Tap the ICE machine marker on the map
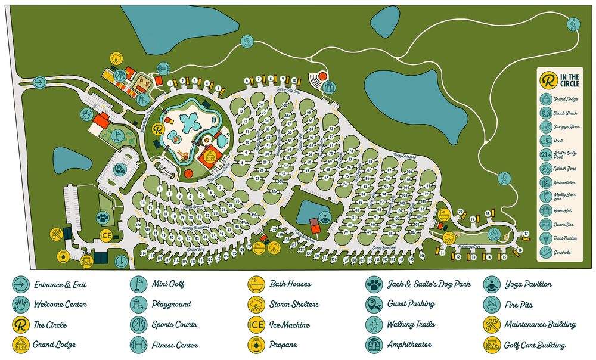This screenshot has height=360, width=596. [106, 235]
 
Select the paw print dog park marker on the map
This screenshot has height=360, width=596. [104, 217]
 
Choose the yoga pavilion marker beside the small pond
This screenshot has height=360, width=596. [324, 217]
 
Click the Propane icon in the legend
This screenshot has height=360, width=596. [256, 344]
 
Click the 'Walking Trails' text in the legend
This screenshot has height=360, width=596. [411, 324]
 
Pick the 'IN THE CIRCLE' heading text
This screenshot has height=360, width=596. [569, 79]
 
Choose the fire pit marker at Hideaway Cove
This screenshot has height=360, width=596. [493, 234]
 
